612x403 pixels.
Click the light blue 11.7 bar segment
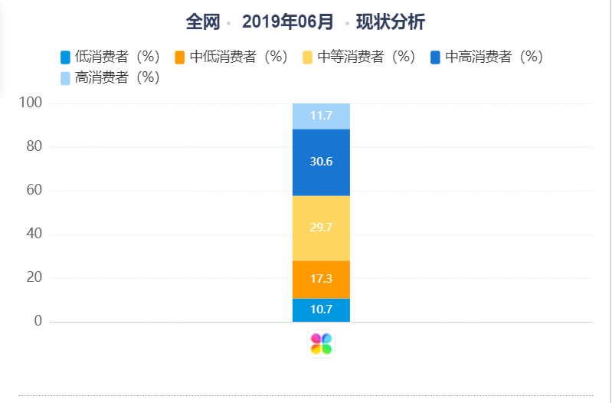[x=321, y=116]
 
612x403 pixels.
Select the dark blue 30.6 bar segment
[x=321, y=162]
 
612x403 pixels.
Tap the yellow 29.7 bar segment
[x=321, y=228]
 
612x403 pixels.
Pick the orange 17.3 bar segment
[x=321, y=280]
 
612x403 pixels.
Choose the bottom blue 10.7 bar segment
[x=321, y=310]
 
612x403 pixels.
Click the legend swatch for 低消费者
[x=65, y=57]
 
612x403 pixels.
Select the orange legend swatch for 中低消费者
[x=179, y=57]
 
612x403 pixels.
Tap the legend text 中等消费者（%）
[x=366, y=57]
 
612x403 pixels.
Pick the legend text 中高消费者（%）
[x=494, y=57]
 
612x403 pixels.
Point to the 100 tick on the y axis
[x=31, y=103]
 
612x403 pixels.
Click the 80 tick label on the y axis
[x=34, y=146]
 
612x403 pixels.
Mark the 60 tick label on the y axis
[x=34, y=190]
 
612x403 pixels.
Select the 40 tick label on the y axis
[x=34, y=234]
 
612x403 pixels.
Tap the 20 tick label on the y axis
[x=34, y=277]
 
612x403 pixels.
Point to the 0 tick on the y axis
[x=38, y=321]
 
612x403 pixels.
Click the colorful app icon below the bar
[x=321, y=344]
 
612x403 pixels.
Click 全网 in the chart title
[x=203, y=22]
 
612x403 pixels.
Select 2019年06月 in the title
[x=288, y=22]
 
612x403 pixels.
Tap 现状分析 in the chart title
[x=391, y=22]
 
